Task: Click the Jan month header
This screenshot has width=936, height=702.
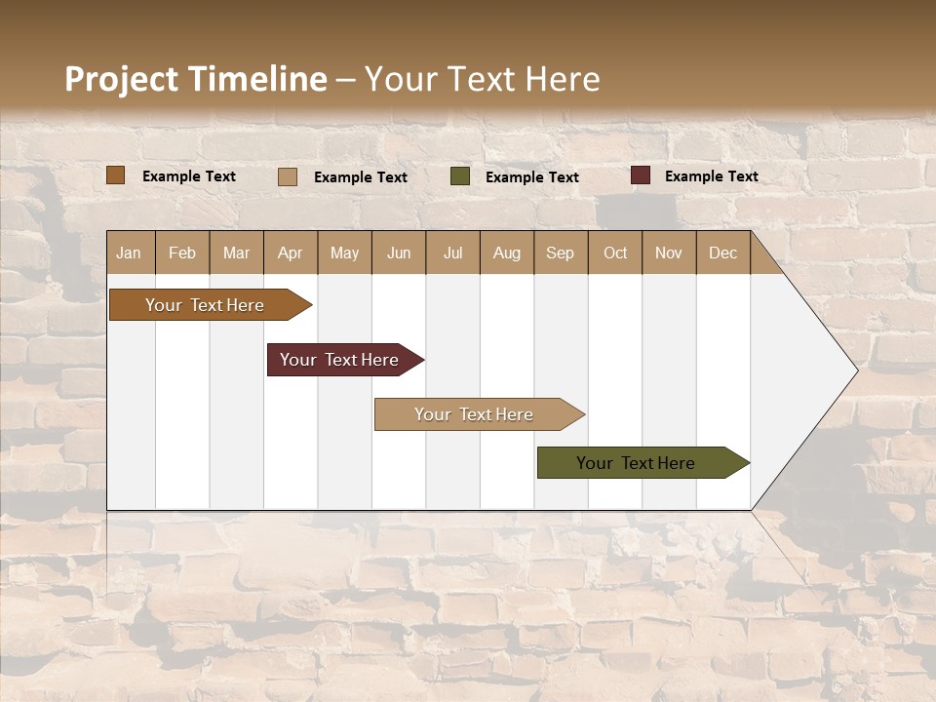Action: pyautogui.click(x=129, y=253)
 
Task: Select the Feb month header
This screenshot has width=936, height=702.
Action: pyautogui.click(x=182, y=253)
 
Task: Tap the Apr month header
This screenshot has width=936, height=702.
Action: pyautogui.click(x=290, y=253)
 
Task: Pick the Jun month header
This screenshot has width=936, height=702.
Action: pyautogui.click(x=399, y=253)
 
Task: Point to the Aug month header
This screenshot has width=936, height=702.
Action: pyautogui.click(x=506, y=253)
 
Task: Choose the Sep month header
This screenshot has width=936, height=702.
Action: pyautogui.click(x=560, y=253)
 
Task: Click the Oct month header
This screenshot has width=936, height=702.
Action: pyautogui.click(x=615, y=253)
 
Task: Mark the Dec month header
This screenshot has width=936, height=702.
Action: pyautogui.click(x=722, y=253)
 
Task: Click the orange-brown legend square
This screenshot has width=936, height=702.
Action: pyautogui.click(x=116, y=175)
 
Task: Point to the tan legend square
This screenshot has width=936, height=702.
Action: pyautogui.click(x=288, y=176)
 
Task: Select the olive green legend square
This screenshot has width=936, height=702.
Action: pyautogui.click(x=460, y=176)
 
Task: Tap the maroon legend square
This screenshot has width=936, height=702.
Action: pyautogui.click(x=641, y=175)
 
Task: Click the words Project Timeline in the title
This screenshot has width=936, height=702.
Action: pyautogui.click(x=196, y=79)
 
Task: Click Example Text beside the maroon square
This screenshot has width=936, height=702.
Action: pyautogui.click(x=711, y=176)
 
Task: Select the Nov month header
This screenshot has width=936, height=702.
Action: pyautogui.click(x=668, y=253)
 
